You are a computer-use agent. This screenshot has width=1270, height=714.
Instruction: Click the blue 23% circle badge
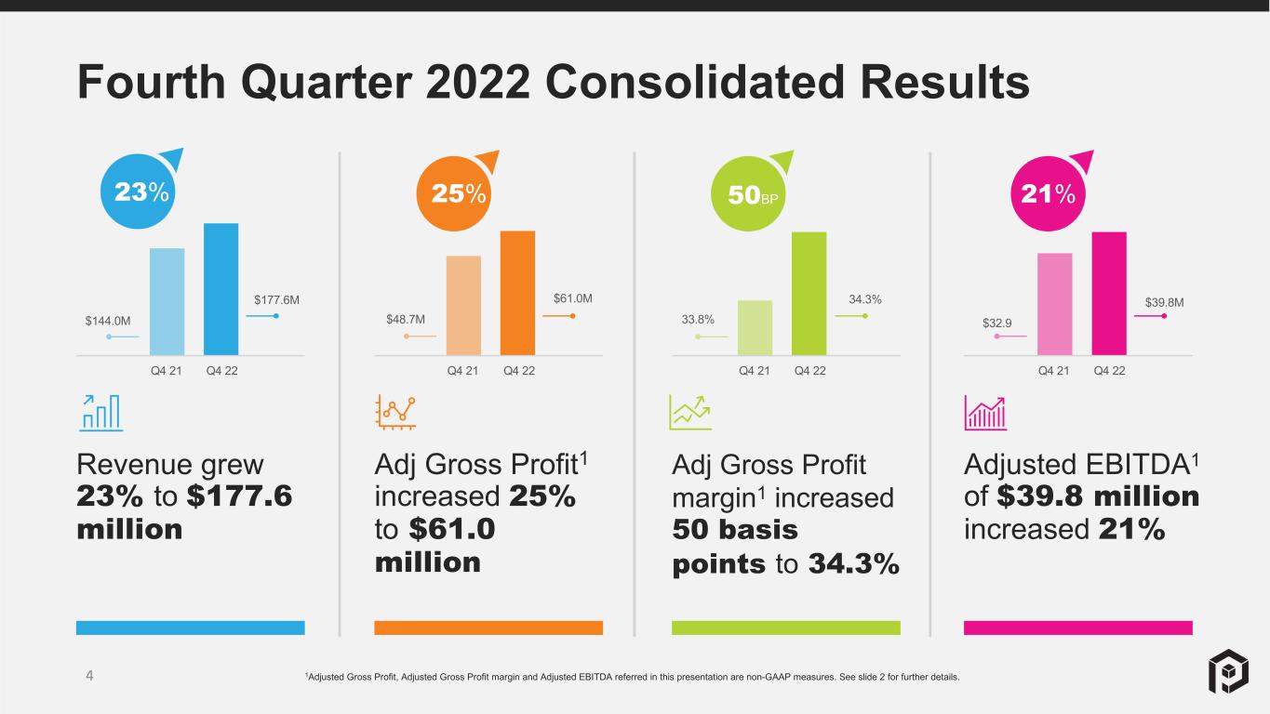[139, 192]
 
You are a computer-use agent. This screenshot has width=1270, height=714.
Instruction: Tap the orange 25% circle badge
[454, 193]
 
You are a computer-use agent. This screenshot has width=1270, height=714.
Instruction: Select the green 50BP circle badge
[748, 193]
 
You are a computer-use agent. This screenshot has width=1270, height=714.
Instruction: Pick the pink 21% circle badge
[1049, 193]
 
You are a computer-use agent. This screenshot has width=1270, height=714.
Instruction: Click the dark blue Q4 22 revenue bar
[221, 289]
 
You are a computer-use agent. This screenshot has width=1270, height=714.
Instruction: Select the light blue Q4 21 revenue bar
[167, 301]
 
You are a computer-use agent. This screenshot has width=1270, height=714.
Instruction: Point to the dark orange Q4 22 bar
[517, 293]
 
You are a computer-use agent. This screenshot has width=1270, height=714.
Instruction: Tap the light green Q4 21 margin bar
[755, 327]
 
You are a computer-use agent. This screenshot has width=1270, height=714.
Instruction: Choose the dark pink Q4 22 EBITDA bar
[1110, 294]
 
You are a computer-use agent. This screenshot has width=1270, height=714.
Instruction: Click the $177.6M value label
[276, 299]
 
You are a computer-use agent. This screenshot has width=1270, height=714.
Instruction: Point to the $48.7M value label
[406, 319]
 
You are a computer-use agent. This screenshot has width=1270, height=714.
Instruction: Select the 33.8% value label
[698, 319]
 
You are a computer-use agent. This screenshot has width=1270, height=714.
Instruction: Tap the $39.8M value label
[1165, 302]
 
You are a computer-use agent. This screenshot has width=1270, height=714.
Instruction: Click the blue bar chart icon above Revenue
[100, 413]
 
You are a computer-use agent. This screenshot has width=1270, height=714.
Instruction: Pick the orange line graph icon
[395, 412]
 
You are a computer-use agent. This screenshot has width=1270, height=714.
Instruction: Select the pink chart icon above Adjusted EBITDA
[985, 413]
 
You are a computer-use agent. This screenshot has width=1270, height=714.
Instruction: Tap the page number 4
[89, 675]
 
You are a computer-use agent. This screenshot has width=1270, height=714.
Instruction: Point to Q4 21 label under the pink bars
[1053, 371]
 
